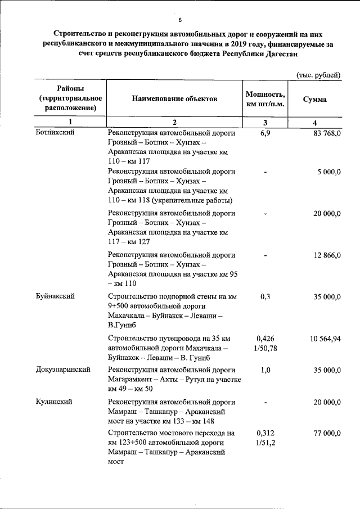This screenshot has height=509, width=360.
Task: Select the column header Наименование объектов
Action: [x=174, y=99]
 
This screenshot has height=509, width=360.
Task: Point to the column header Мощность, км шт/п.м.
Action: [x=265, y=99]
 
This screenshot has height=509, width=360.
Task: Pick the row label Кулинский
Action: [x=53, y=402]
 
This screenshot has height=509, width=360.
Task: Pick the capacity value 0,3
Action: [x=265, y=295]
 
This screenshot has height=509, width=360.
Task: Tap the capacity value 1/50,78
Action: [x=265, y=349]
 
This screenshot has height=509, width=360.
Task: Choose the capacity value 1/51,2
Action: [x=265, y=443]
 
